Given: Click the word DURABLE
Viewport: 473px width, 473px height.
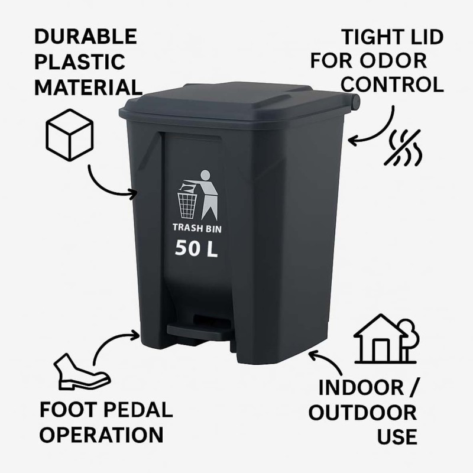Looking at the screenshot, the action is [86, 37].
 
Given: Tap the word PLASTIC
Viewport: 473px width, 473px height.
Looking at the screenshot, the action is [80, 62].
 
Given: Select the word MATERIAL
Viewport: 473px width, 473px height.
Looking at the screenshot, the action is [88, 87].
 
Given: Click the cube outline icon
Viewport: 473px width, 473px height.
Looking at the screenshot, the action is [69, 135].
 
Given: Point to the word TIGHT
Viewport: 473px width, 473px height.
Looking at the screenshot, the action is [371, 37].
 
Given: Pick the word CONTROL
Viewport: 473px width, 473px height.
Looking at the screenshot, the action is [392, 85].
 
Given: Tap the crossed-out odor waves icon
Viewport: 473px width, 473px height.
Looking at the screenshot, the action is [403, 148].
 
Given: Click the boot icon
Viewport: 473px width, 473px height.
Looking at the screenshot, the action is [82, 372].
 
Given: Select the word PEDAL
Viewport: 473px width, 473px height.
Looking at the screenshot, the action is [138, 410].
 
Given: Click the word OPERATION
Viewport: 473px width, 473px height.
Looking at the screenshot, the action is [101, 435].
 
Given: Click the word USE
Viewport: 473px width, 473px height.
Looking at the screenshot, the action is [397, 436].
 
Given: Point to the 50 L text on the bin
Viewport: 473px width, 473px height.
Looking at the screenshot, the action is [196, 248].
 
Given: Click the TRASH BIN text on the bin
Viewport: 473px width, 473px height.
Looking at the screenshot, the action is [197, 228].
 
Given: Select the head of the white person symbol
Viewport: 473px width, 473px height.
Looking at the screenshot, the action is [205, 175].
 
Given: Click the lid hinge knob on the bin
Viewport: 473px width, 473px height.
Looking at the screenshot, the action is [355, 101].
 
